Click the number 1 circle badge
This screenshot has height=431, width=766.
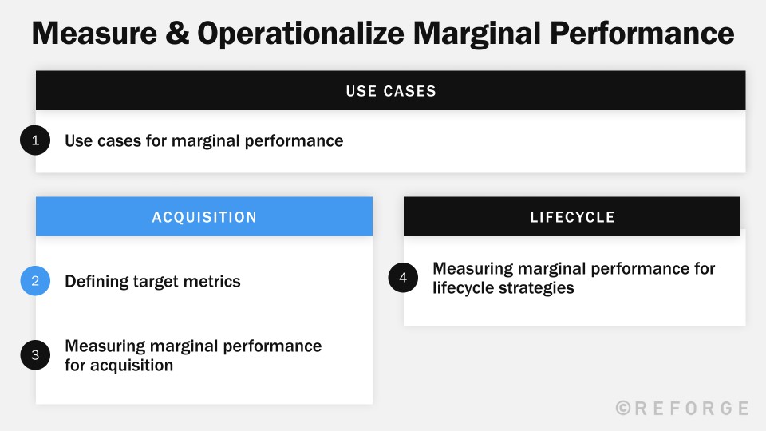[35, 141]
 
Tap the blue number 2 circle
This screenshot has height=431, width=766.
[35, 281]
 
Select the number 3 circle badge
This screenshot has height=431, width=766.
[35, 356]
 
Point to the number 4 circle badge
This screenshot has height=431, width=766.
[403, 278]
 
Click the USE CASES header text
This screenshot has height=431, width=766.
[391, 91]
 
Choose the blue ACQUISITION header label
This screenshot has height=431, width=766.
[204, 217]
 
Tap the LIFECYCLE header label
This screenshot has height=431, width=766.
[572, 217]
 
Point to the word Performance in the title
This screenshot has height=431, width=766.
[645, 34]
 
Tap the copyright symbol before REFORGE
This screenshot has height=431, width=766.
[624, 409]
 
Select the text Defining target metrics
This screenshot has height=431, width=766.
[152, 281]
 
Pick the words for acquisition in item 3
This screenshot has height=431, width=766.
[119, 366]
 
